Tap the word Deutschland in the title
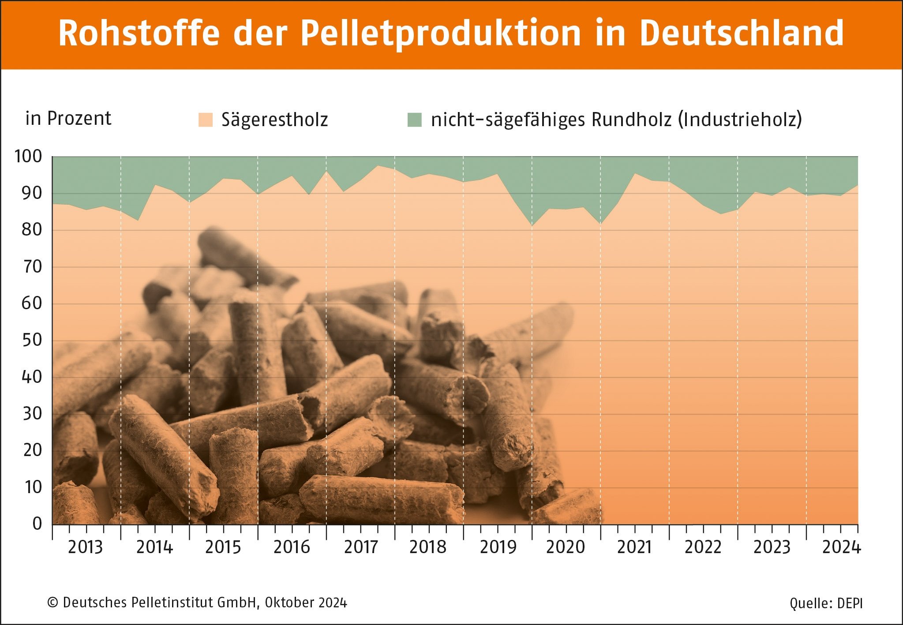[x=742, y=33]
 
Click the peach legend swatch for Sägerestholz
[x=206, y=120]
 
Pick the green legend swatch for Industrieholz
[x=415, y=120]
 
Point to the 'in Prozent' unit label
[x=68, y=118]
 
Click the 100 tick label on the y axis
[x=28, y=157]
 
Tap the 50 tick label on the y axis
[x=32, y=340]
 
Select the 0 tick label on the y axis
[x=37, y=524]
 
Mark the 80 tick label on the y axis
[x=32, y=230]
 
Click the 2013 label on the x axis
[x=85, y=547]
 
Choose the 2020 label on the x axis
[x=566, y=547]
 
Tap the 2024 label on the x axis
[x=841, y=547]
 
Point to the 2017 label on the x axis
[x=361, y=547]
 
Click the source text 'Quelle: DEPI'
[x=826, y=603]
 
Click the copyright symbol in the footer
[x=52, y=603]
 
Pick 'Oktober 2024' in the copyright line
[x=306, y=603]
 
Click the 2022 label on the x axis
[x=703, y=547]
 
